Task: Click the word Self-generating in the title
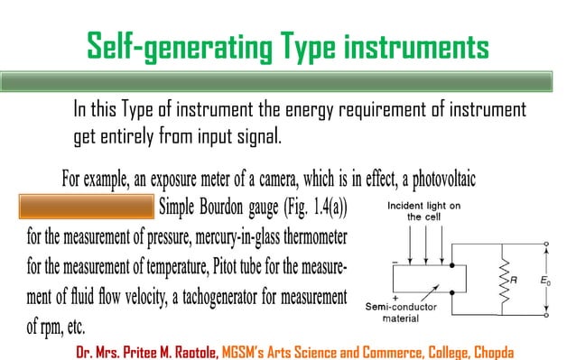[159, 44]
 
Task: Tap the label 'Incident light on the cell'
[423, 211]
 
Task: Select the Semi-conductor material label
[407, 311]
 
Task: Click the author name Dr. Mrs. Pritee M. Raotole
[147, 348]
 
